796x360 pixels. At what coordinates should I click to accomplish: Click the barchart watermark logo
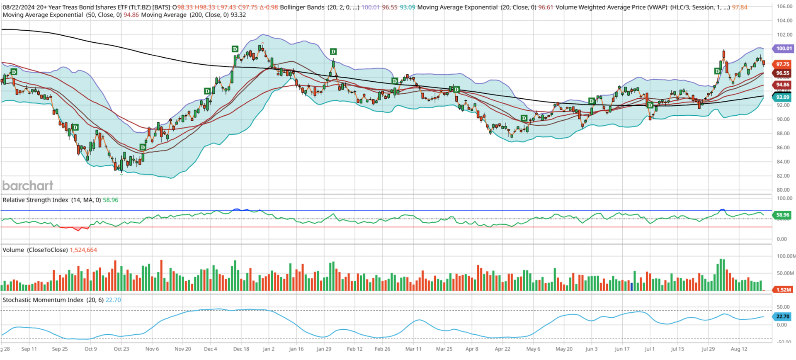click(28, 185)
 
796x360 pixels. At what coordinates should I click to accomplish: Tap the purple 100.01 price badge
click(784, 49)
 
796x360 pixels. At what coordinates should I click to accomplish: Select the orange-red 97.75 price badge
click(782, 64)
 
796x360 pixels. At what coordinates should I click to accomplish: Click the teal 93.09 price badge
click(782, 97)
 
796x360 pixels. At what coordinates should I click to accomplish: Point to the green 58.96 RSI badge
click(782, 215)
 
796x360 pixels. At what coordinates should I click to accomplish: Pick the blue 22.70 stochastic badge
click(782, 316)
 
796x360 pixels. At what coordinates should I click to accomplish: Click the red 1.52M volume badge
click(783, 289)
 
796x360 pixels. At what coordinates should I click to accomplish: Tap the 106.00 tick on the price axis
click(784, 7)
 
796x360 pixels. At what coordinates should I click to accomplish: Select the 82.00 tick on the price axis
click(783, 176)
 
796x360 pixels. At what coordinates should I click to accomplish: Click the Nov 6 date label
click(152, 349)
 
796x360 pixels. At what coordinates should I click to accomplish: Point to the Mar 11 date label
click(413, 349)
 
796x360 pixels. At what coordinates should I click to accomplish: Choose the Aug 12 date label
click(739, 349)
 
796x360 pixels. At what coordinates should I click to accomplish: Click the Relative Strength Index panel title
click(35, 200)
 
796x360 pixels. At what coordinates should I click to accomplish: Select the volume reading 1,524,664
click(83, 250)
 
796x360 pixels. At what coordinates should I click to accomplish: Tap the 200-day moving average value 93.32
click(238, 15)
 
